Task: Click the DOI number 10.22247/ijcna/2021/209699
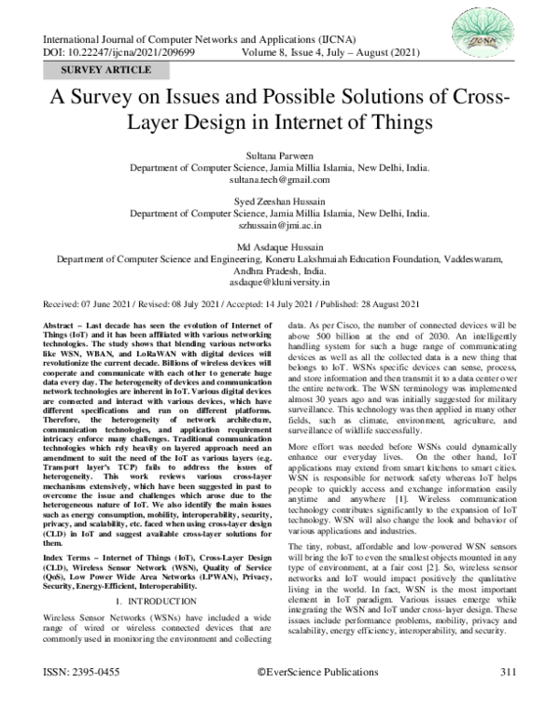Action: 138,55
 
